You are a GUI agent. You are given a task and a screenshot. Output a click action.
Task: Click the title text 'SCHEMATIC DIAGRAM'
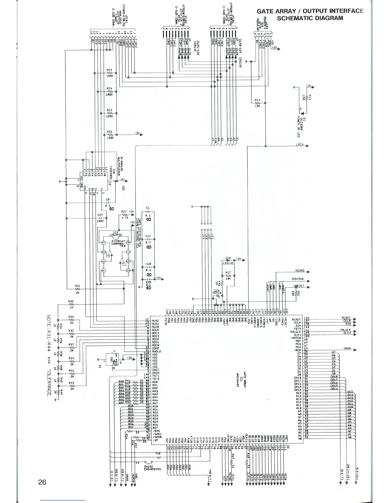click(310, 18)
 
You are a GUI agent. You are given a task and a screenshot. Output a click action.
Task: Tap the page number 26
click(42, 482)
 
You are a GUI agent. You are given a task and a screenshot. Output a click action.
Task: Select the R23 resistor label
click(109, 70)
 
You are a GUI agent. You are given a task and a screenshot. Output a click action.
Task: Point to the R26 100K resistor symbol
click(110, 135)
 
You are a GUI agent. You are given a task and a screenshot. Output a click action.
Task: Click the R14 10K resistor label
click(258, 100)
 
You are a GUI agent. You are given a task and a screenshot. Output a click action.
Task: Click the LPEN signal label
click(300, 144)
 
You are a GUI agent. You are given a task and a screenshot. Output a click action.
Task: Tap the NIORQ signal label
click(300, 271)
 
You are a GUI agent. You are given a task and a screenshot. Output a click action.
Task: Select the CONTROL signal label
click(298, 279)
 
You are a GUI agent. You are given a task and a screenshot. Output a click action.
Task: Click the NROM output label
click(347, 348)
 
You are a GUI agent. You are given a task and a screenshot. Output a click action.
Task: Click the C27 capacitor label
click(100, 215)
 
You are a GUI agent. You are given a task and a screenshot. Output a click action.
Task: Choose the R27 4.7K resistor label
click(124, 211)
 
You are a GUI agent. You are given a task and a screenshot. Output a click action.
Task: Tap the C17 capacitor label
click(148, 236)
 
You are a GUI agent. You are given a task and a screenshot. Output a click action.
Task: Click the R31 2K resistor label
click(78, 286)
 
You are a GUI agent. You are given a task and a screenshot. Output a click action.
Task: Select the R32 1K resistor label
click(71, 301)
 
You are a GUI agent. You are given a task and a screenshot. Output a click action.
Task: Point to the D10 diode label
click(228, 258)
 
